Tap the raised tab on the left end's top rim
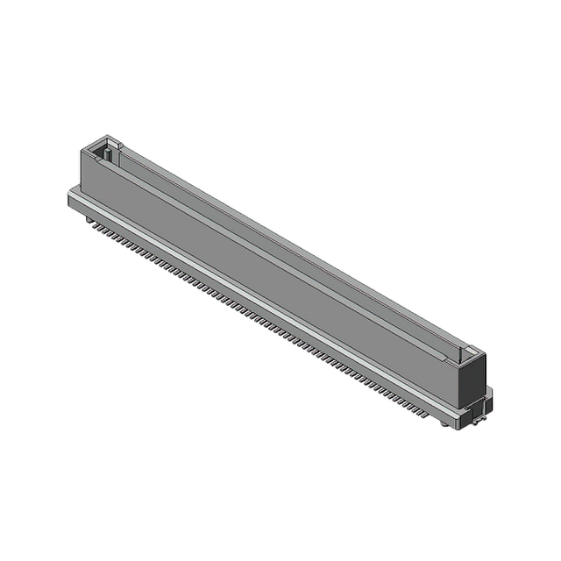(x=109, y=138)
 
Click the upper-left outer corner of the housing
(x=82, y=150)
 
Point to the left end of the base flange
(x=71, y=196)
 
